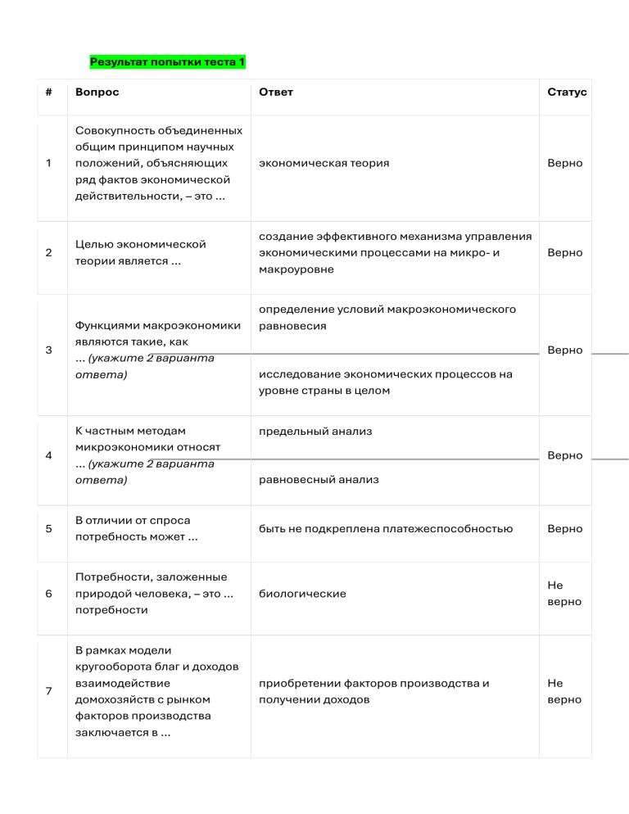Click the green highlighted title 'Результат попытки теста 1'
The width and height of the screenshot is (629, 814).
[167, 62]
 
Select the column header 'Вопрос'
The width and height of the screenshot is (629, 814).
[97, 92]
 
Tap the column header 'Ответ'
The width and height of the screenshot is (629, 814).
[275, 92]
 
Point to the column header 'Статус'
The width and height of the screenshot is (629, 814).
[567, 92]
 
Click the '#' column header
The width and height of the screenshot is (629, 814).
[49, 92]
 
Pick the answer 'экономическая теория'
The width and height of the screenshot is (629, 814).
[324, 163]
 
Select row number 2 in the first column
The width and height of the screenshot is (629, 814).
[49, 252]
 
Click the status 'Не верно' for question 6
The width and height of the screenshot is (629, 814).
[564, 594]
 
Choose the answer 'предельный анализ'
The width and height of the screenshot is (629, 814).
[315, 431]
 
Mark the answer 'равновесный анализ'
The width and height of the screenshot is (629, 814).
[319, 479]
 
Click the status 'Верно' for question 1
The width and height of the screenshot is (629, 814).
[565, 163]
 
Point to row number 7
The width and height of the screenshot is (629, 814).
[49, 691]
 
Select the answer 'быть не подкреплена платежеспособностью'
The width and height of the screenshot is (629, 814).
[386, 528]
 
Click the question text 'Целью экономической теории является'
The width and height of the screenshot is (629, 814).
[139, 252]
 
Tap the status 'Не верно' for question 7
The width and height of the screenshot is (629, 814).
[564, 691]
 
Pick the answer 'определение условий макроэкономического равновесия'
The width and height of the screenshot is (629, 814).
[387, 318]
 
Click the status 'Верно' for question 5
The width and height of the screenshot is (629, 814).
[565, 528]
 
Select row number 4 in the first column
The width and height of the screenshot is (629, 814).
[49, 455]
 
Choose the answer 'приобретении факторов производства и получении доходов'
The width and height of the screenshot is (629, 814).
[373, 691]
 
